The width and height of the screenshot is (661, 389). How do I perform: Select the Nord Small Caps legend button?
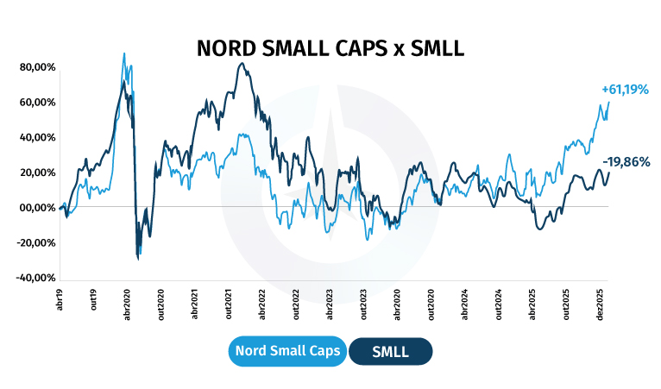click(x=288, y=352)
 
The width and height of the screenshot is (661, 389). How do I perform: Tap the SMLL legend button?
click(x=390, y=352)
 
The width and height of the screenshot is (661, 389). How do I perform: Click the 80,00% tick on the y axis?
click(x=37, y=66)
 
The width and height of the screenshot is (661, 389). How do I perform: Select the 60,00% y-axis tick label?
click(x=37, y=102)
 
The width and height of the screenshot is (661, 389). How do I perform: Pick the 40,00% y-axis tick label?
click(x=37, y=137)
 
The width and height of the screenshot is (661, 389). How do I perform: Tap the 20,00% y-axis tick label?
click(x=37, y=173)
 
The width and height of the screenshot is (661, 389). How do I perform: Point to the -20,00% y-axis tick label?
click(x=36, y=243)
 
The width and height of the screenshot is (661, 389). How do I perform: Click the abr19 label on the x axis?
click(x=61, y=298)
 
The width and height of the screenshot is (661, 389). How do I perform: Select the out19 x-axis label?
click(x=94, y=298)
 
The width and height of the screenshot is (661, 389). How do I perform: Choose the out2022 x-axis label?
click(x=297, y=302)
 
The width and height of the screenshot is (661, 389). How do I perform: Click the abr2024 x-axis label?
click(x=464, y=302)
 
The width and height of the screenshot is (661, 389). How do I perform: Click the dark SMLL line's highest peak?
click(x=242, y=63)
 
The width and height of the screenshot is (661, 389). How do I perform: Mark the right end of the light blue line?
click(x=608, y=102)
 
